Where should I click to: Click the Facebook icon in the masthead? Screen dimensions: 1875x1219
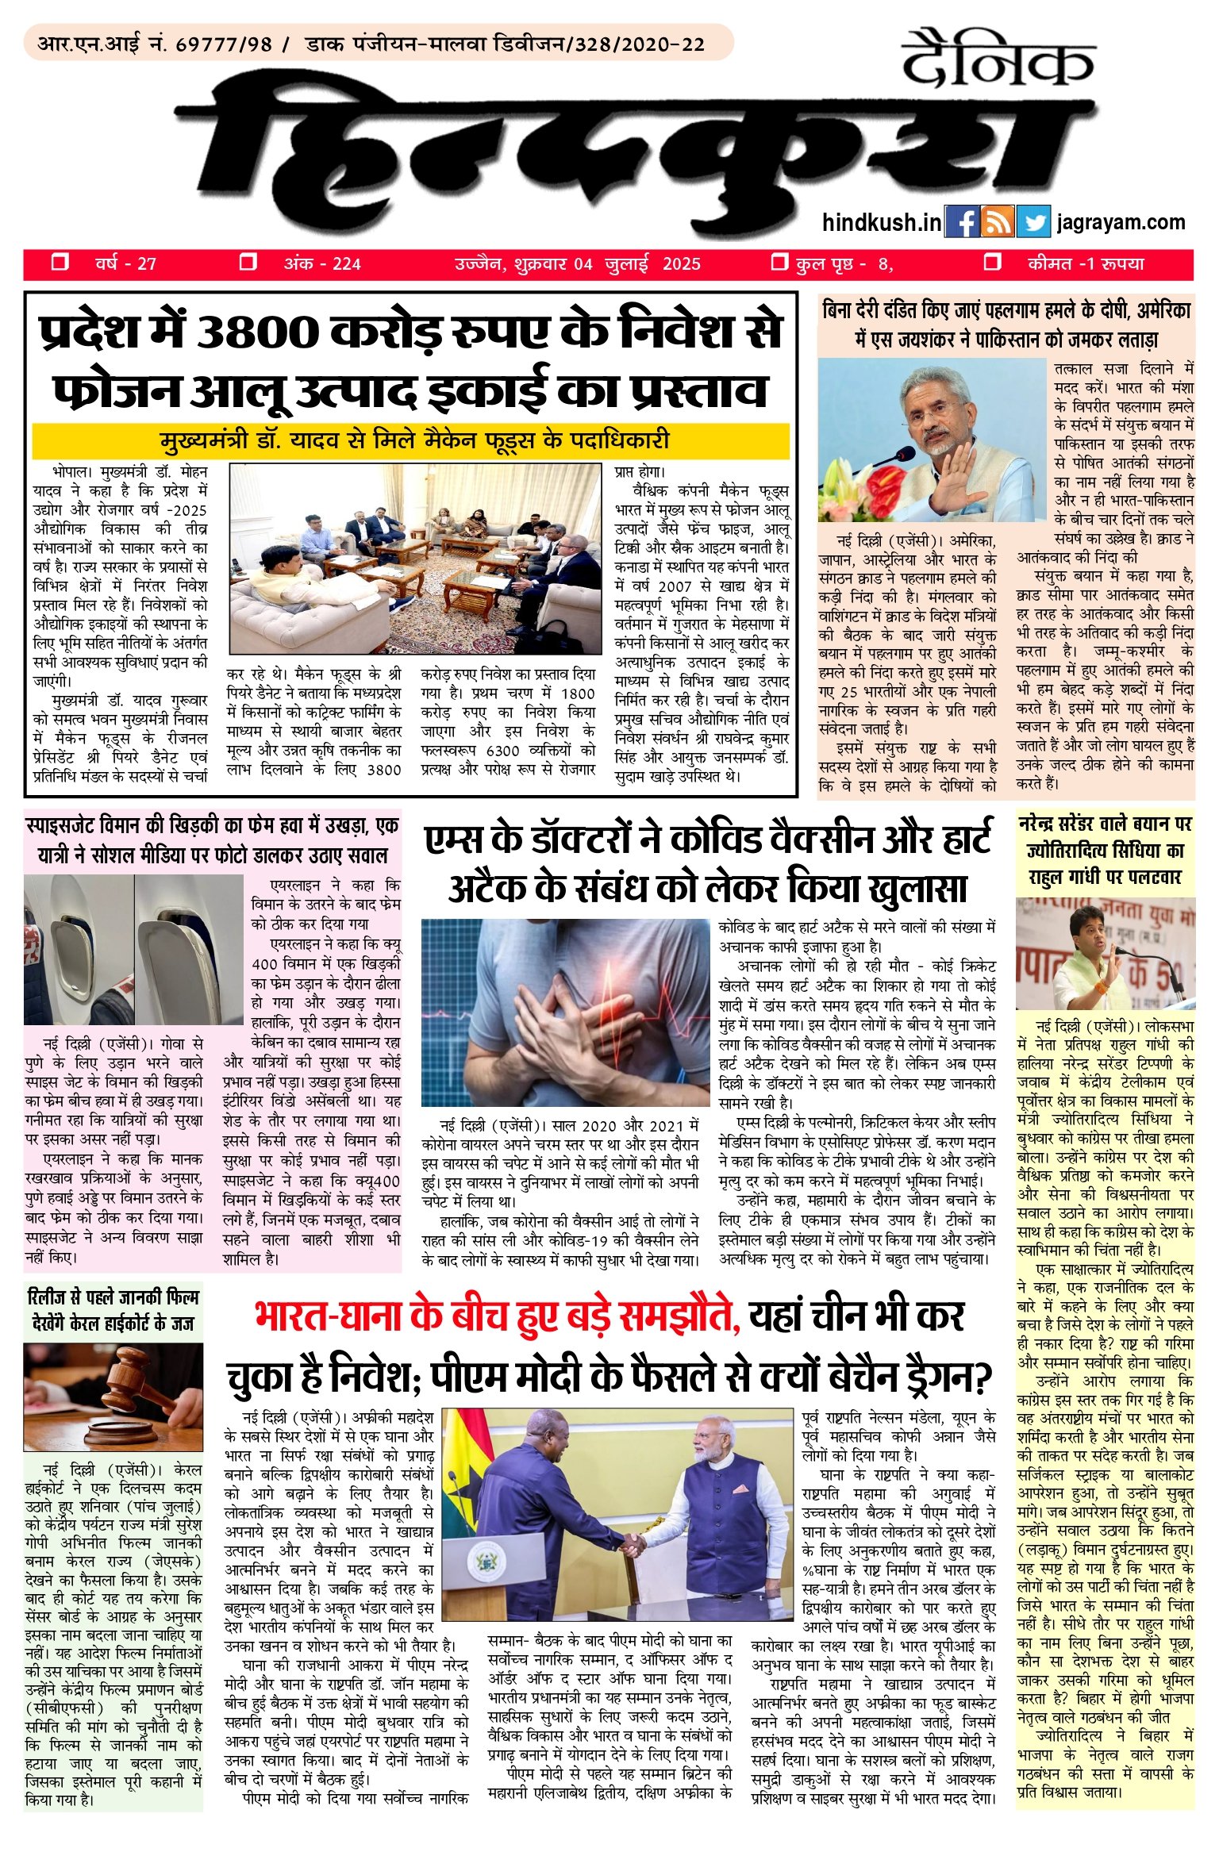click(x=961, y=222)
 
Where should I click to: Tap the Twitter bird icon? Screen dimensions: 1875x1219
click(x=1032, y=222)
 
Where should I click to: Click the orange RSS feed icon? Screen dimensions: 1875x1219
click(x=997, y=222)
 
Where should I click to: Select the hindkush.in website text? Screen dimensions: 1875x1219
click(x=882, y=223)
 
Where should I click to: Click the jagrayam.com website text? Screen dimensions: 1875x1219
click(x=1121, y=223)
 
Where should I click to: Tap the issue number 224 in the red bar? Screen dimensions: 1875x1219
click(x=347, y=264)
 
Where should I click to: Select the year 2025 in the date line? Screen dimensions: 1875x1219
click(x=682, y=264)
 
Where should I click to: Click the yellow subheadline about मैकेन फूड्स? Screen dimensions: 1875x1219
click(x=411, y=440)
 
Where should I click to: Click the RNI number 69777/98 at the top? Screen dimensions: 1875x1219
click(x=223, y=44)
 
